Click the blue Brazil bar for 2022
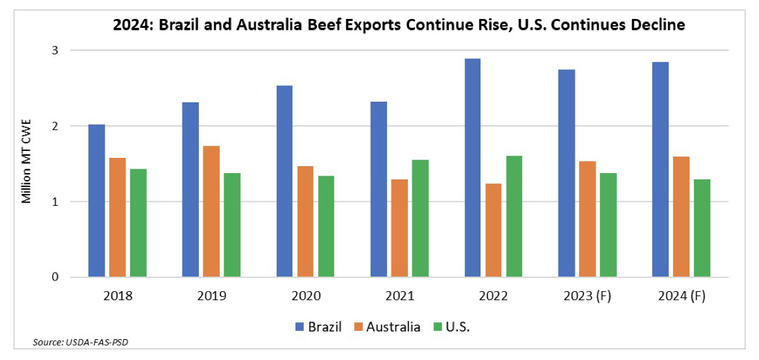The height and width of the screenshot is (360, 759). (472, 168)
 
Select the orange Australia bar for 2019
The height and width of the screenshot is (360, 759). (212, 212)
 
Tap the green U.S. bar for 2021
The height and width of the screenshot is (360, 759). (420, 219)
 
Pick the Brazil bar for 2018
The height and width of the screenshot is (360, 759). (97, 201)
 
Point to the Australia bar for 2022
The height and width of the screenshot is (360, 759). (494, 231)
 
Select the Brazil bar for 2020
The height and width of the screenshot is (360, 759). (284, 181)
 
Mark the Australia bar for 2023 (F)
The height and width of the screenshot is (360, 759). (587, 219)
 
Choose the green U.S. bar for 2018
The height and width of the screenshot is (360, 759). (138, 223)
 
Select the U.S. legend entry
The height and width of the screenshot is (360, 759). (456, 327)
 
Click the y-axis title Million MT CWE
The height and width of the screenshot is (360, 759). (27, 163)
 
